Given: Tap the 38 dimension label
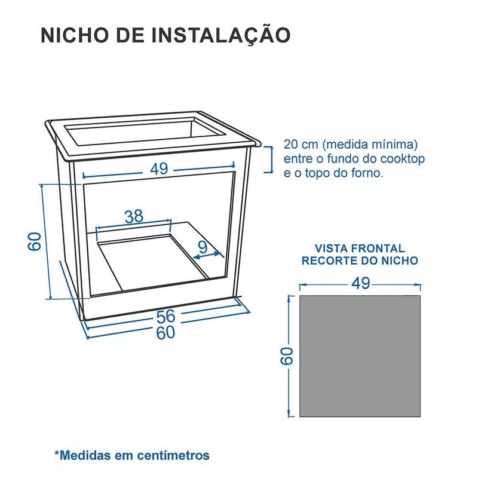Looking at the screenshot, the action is click(x=134, y=216).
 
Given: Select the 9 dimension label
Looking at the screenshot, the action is click(x=203, y=247).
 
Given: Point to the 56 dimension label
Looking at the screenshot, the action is click(x=166, y=316).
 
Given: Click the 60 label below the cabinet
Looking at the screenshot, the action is click(x=166, y=332).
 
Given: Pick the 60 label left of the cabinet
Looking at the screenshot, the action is click(x=35, y=241).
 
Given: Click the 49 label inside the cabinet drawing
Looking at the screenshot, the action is click(x=159, y=169).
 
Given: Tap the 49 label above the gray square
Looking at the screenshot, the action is click(x=361, y=283).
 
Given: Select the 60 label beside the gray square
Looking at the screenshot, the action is click(x=287, y=356).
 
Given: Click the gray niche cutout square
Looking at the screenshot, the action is click(x=360, y=356).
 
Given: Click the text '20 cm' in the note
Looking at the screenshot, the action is click(x=301, y=144).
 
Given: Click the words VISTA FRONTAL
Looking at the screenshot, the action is click(x=360, y=249).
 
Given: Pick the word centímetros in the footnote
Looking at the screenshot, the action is click(x=173, y=455).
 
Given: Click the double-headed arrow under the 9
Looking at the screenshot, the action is click(x=207, y=256).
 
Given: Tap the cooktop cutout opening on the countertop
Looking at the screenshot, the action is click(x=145, y=133).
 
